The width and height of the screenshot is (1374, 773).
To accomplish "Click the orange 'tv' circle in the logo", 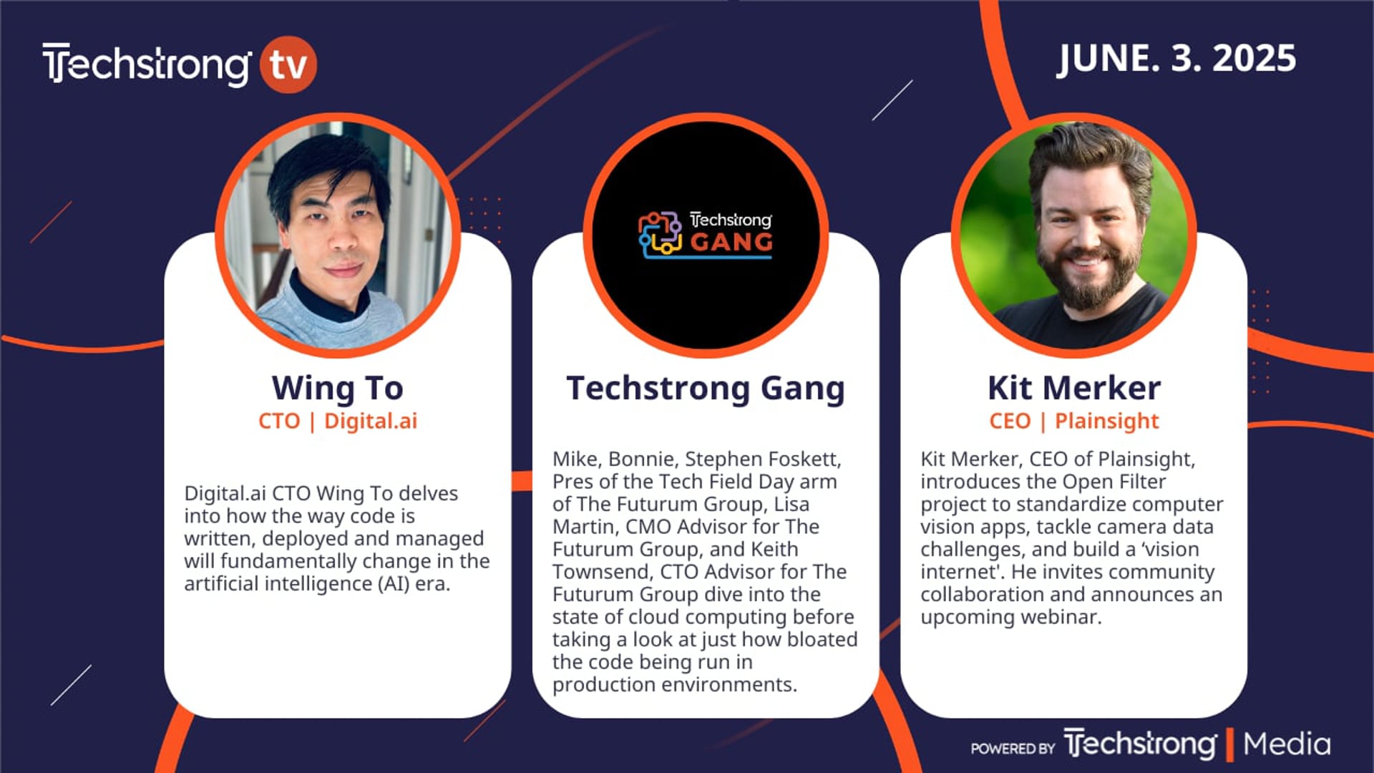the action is point(288,64).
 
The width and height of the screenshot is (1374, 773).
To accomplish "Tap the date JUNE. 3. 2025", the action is point(1177,58).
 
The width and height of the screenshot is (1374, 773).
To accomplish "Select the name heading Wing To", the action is point(338,389).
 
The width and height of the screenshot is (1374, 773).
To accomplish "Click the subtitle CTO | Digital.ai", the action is point(338,421).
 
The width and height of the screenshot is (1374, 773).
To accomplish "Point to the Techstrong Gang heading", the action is point(706,389).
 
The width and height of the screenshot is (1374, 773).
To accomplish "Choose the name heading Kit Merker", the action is point(1074,388).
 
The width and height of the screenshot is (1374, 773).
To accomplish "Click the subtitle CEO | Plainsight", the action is point(1074,421).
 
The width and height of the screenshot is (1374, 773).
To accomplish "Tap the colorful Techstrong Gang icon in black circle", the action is point(660,234).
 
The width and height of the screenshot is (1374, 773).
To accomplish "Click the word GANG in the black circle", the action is point(731,242).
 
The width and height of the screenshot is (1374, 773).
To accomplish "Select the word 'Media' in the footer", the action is point(1287,744).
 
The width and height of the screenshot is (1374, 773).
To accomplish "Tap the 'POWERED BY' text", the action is point(1013,749).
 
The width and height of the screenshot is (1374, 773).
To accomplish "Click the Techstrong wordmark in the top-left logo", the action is point(147,64).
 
